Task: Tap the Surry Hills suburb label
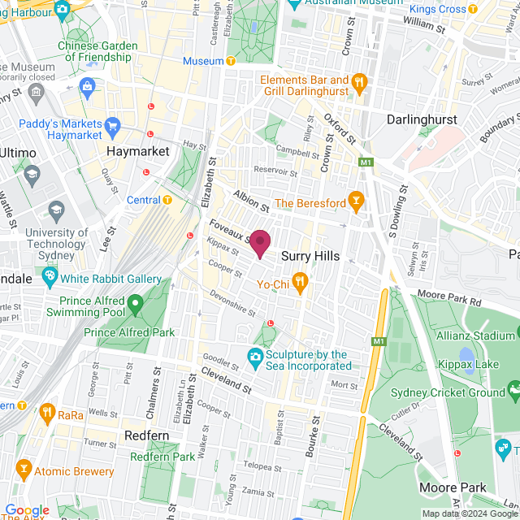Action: pos(310,256)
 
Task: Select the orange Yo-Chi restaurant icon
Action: pos(301,284)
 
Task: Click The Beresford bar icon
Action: pos(354,201)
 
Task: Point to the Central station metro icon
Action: pos(167,200)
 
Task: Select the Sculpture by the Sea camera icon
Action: pos(255,355)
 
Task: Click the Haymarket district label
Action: pos(138,152)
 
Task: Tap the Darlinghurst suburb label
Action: pos(422,119)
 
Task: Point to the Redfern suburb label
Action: pos(147,436)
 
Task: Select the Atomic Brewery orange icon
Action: pos(23,470)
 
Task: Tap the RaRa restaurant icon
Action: pos(48,413)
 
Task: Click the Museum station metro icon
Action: pos(232,62)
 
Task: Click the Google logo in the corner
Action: pos(27,510)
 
